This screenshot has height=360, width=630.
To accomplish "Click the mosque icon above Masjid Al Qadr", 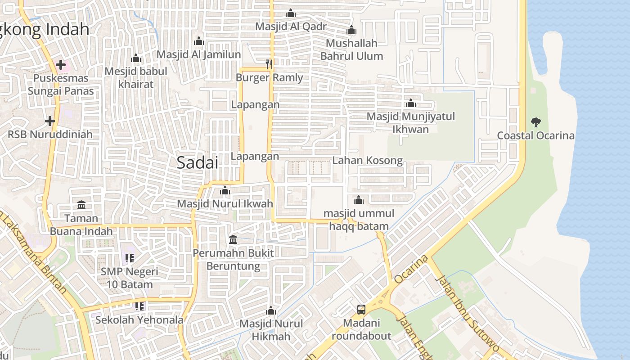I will pyautogui.click(x=291, y=13).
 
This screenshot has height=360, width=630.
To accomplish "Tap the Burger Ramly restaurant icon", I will pyautogui.click(x=269, y=64).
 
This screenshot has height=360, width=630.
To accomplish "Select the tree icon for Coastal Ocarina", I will pyautogui.click(x=535, y=122).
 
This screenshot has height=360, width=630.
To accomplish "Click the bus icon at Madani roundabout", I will pyautogui.click(x=361, y=310).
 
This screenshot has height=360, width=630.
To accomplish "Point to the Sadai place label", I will pyautogui.click(x=197, y=162).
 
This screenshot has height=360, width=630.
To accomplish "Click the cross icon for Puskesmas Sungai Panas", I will pyautogui.click(x=61, y=65).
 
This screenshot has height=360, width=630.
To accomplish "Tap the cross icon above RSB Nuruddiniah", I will pyautogui.click(x=50, y=121).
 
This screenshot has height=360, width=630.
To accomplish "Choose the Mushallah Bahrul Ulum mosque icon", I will pyautogui.click(x=351, y=31).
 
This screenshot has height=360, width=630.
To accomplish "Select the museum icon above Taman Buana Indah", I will pyautogui.click(x=81, y=205).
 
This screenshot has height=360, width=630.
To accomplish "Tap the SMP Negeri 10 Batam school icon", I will pyautogui.click(x=130, y=258).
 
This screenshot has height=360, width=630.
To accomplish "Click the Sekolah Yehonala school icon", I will pyautogui.click(x=139, y=306).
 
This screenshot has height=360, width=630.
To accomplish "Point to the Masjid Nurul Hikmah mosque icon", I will pyautogui.click(x=271, y=310).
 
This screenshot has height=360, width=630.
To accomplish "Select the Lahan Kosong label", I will pyautogui.click(x=368, y=161).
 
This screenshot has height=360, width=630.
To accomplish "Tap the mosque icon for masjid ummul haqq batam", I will pyautogui.click(x=359, y=200).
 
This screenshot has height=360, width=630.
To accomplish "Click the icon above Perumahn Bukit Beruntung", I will pyautogui.click(x=233, y=239).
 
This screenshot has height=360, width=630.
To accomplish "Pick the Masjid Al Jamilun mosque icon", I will pyautogui.click(x=199, y=41).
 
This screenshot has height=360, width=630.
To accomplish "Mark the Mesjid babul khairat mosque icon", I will pyautogui.click(x=136, y=58).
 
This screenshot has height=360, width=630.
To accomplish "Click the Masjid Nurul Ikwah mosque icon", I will pyautogui.click(x=225, y=191).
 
